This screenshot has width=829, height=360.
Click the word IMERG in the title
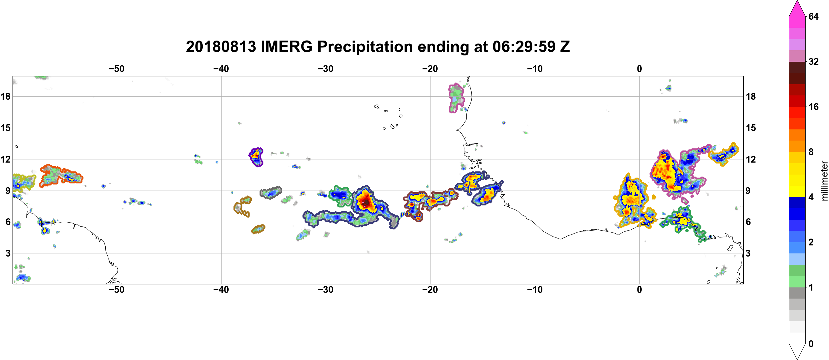[x=286, y=47]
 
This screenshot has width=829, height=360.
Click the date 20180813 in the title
[x=221, y=47]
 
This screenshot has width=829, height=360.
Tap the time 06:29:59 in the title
[x=524, y=47]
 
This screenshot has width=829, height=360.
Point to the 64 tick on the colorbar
[x=813, y=16]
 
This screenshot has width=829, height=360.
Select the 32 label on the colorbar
[x=813, y=61]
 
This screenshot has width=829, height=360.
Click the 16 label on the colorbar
[x=813, y=107]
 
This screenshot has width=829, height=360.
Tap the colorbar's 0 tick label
[x=811, y=344]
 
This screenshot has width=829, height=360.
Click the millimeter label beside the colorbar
[x=824, y=181]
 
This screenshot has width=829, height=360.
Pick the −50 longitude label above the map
[x=116, y=69]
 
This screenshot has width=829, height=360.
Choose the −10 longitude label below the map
[x=535, y=289]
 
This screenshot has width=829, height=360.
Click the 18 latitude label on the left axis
[x=5, y=96]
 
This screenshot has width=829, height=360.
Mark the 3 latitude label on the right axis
[x=748, y=253]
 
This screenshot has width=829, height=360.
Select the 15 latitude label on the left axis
[x=5, y=128]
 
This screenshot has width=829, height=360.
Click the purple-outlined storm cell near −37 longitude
[x=256, y=157]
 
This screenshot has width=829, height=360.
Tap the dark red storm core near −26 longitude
[x=366, y=202]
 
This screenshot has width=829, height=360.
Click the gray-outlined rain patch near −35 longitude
[x=271, y=193]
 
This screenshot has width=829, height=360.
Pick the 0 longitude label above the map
[x=639, y=69]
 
